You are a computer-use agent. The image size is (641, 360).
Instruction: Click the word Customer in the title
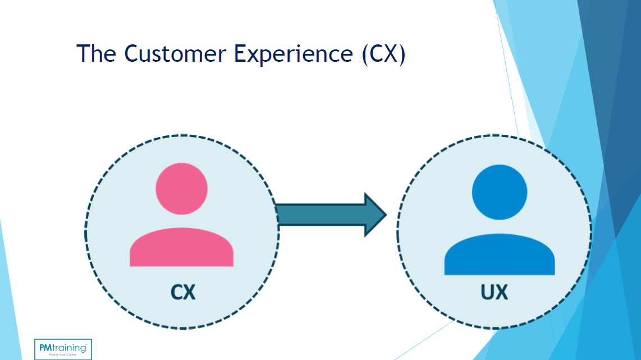tap(175, 53)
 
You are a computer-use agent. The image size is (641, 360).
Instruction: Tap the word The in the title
tap(97, 53)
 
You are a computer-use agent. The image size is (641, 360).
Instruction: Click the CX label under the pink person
tap(182, 292)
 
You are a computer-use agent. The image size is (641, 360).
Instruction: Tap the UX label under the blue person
tap(495, 292)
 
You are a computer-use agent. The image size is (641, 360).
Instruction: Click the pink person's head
tap(181, 189)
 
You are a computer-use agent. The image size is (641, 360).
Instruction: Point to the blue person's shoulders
tap(499, 256)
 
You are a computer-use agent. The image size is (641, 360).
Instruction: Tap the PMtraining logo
tap(63, 349)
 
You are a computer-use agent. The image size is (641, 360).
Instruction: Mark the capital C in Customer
tap(130, 53)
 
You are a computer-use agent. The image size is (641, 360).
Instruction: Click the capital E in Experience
tap(241, 53)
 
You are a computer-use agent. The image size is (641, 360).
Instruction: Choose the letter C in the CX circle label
tap(176, 292)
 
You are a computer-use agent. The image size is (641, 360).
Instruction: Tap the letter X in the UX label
tap(502, 292)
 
